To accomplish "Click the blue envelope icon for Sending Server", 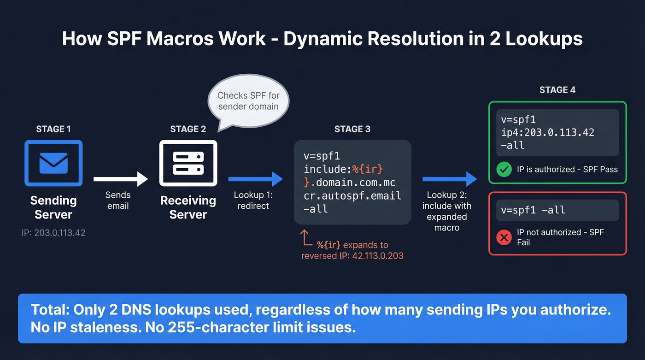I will pos(53,163).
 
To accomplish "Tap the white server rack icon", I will pos(188,163).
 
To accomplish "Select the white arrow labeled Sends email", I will pos(120,179).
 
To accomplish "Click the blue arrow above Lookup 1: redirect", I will pos(255,179).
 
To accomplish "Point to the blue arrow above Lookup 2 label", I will pos(450,179).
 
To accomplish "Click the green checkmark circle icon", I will pos(504,170).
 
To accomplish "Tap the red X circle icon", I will pos(504,237).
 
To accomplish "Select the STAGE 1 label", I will pos(53,130).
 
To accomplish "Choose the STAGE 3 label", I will pos(352,130).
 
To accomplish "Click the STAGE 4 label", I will pos(557,90).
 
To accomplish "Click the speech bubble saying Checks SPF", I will pos(248,101).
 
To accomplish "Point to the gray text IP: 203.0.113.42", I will pos(53,233).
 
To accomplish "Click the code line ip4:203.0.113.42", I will pos(547,133).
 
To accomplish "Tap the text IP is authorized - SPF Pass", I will pos(567,170).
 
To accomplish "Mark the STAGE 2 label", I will pos(188,130).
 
